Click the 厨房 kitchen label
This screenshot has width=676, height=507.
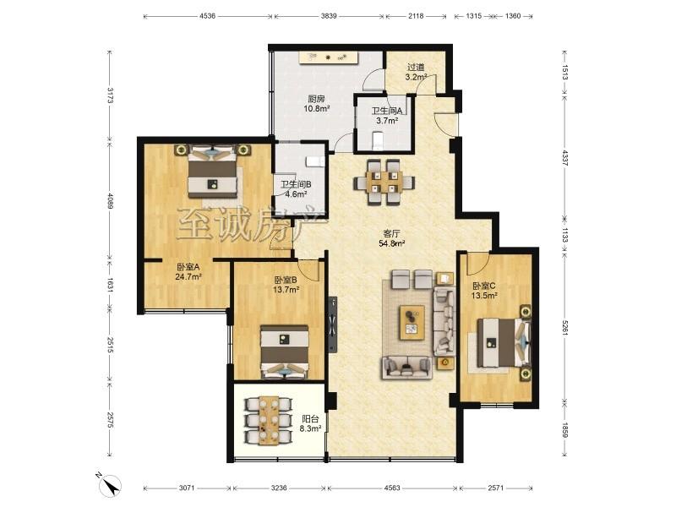click(x=316, y=99)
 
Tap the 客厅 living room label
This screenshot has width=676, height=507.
click(x=391, y=234)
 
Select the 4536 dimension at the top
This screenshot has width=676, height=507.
click(x=207, y=16)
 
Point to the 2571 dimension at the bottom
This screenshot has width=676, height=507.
click(x=496, y=488)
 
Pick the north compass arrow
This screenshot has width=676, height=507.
click(x=112, y=487)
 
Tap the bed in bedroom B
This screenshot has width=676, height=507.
click(x=285, y=352)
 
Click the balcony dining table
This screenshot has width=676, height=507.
click(x=270, y=419)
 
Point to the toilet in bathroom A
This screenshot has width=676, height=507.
click(x=378, y=141)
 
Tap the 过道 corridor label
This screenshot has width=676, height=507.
click(x=416, y=68)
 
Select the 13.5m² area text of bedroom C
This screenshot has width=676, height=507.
click(x=484, y=295)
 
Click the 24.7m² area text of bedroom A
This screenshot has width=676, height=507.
click(x=188, y=277)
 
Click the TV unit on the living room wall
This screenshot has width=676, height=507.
click(x=332, y=324)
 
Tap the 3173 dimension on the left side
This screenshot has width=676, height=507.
click(x=111, y=95)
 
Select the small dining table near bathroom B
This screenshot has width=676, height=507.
click(x=384, y=182)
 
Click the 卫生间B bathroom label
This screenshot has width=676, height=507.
click(x=297, y=184)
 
